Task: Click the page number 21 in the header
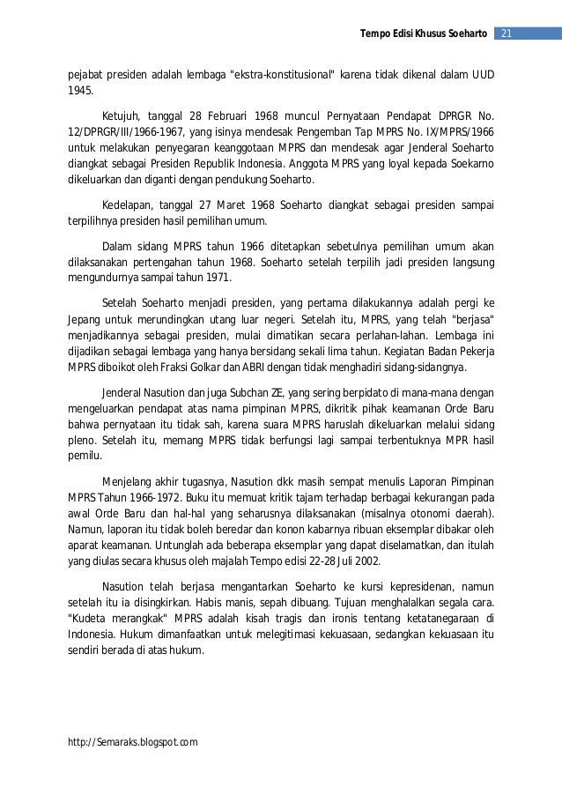click(x=506, y=33)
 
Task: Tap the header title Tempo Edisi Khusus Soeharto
click(x=423, y=33)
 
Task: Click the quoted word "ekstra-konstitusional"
click(x=281, y=72)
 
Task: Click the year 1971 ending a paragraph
click(x=215, y=278)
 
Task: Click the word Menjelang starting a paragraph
click(x=127, y=483)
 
